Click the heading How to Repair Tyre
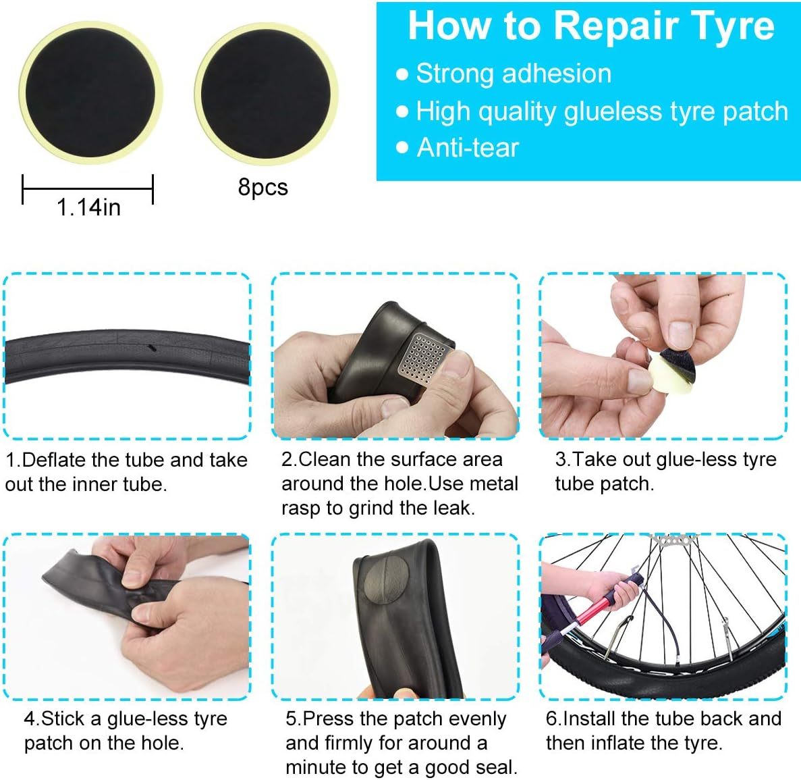point(590,26)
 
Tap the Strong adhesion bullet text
point(513,74)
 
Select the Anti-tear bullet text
point(467,147)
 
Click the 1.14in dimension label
point(88,207)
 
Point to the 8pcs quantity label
point(263,187)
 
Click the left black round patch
point(90,93)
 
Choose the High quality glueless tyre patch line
point(601,111)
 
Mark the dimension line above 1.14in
point(88,188)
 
